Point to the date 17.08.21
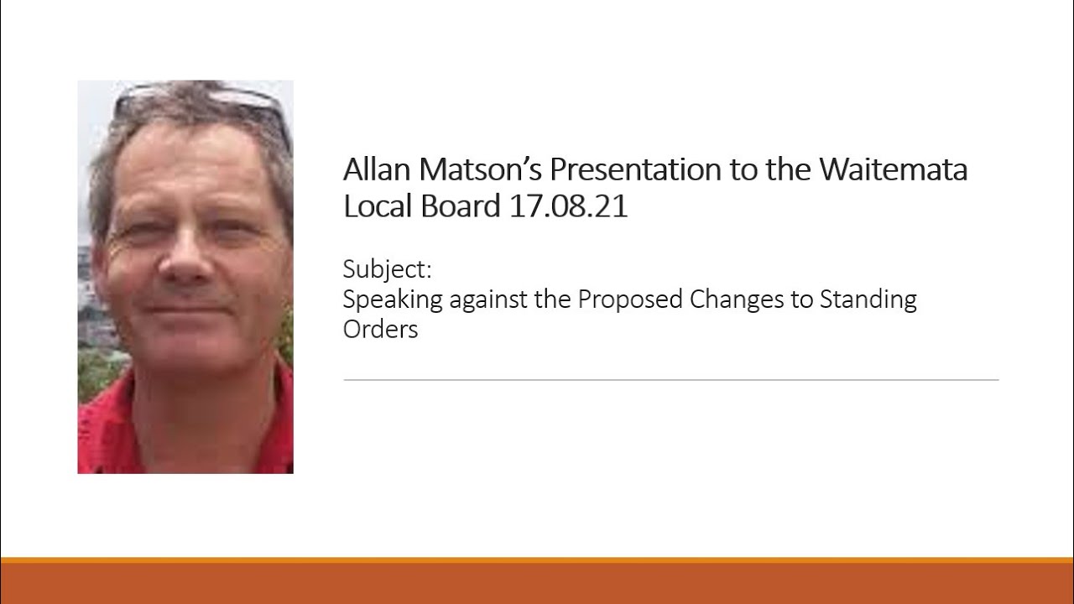pos(568,206)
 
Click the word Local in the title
pos(374,206)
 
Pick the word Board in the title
pos(461,206)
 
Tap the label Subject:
pos(387,269)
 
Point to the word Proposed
pos(629,299)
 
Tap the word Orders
pos(380,329)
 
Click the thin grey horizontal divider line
pos(670,380)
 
